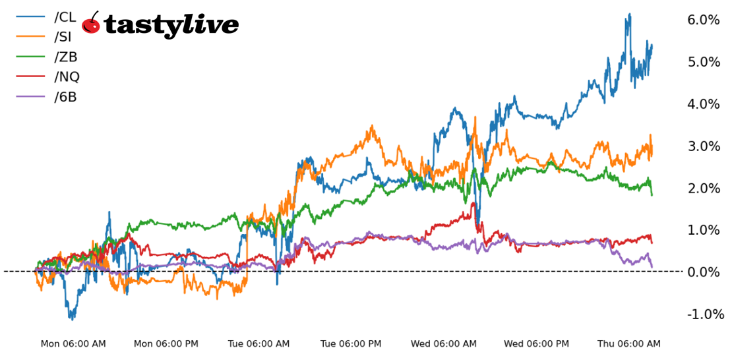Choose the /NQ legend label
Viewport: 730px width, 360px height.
[x=67, y=77]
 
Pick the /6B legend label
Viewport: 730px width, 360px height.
[x=65, y=97]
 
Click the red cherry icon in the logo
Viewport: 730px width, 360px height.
[x=91, y=24]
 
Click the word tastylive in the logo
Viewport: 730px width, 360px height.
[x=171, y=25]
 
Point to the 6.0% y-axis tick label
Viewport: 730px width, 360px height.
[x=703, y=20]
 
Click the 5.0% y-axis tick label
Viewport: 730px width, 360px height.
[x=703, y=62]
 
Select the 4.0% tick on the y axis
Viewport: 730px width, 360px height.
[x=703, y=104]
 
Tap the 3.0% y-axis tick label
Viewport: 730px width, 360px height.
[x=703, y=146]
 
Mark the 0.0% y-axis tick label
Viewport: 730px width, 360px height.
[x=703, y=272]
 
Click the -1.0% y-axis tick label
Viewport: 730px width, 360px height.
[x=705, y=315]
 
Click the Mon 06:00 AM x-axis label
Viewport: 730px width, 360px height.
[x=73, y=344]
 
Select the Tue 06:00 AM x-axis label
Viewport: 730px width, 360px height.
[x=259, y=344]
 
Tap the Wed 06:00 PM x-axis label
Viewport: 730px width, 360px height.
[x=536, y=344]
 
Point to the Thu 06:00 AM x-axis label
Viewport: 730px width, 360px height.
[x=628, y=344]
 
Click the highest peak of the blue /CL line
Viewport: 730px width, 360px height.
[x=630, y=14]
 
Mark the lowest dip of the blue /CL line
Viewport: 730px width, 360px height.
[x=72, y=319]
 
